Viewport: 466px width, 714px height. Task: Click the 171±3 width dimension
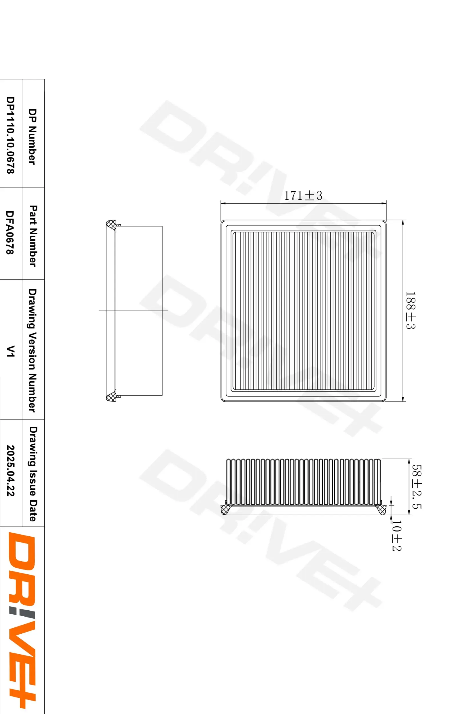(303, 196)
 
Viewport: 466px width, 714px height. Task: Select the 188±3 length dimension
(410, 310)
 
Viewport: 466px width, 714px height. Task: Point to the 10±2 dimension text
(396, 536)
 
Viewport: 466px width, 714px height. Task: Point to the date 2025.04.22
(11, 470)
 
